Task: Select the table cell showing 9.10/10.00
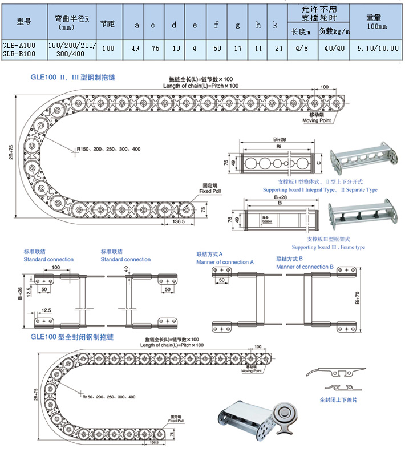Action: pyautogui.click(x=376, y=49)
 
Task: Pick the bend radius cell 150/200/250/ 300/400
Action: pyautogui.click(x=71, y=49)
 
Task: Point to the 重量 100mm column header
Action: pyautogui.click(x=376, y=22)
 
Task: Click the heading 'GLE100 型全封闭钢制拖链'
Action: pyautogui.click(x=72, y=337)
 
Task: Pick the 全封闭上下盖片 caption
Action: pyautogui.click(x=339, y=400)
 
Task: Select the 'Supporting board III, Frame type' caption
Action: pyautogui.click(x=329, y=247)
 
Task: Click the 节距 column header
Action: pyautogui.click(x=107, y=25)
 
